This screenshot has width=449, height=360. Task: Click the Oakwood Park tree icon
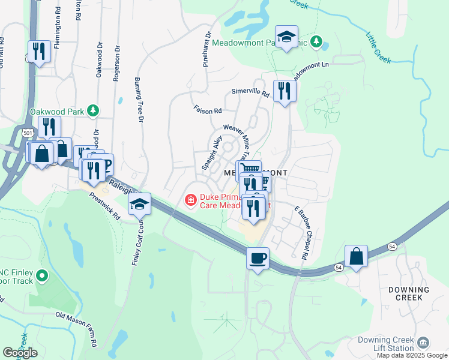(x=92, y=110)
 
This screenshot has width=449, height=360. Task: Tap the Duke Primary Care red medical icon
(x=191, y=199)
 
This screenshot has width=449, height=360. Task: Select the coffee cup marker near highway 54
(x=258, y=259)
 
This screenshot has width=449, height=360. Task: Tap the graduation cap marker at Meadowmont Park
(x=286, y=37)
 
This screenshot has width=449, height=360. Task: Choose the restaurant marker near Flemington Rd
(x=39, y=52)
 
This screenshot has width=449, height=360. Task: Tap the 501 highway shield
(x=27, y=131)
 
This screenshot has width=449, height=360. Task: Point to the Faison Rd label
(x=208, y=110)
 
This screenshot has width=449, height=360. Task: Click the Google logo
(x=20, y=353)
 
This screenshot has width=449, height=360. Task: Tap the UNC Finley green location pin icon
(x=41, y=276)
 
